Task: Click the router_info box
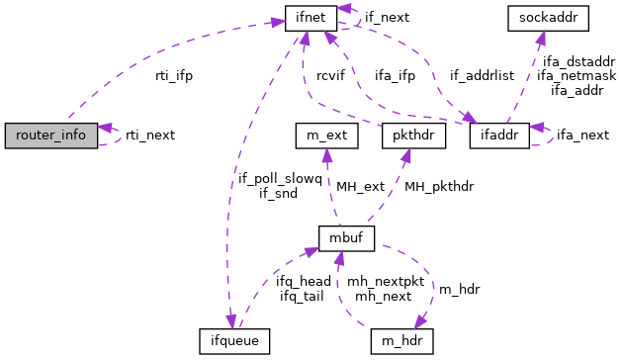click(51, 135)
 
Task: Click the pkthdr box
click(409, 135)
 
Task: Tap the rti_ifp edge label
click(174, 75)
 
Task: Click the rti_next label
click(150, 135)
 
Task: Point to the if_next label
click(388, 17)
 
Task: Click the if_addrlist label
click(483, 75)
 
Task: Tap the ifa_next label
click(582, 135)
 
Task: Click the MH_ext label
click(360, 186)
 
